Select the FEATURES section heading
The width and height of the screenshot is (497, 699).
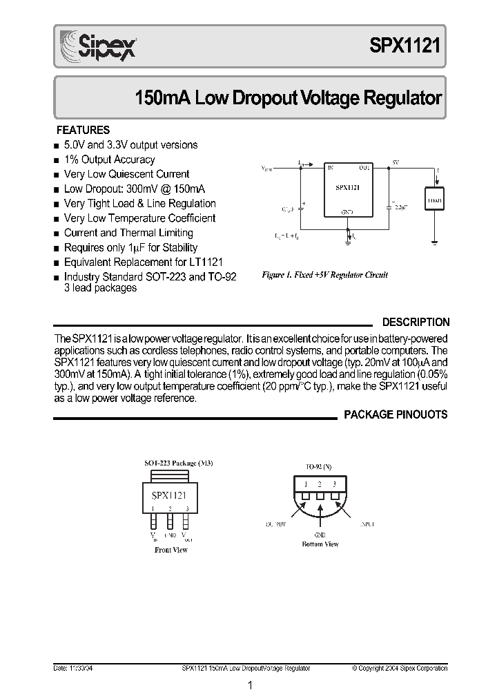click(83, 130)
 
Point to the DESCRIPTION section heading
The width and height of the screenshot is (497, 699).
click(416, 322)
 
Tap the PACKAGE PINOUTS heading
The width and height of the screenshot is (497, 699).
click(396, 414)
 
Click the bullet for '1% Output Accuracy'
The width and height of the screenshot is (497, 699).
click(56, 160)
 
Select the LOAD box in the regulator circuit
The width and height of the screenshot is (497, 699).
click(434, 200)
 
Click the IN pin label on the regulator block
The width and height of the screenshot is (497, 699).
click(330, 168)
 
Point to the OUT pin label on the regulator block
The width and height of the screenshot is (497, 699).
click(364, 168)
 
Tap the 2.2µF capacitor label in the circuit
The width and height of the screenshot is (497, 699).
click(400, 206)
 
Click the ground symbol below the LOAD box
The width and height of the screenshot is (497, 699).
click(434, 242)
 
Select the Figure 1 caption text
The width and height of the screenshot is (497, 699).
click(325, 275)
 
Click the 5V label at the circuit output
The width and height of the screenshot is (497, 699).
click(396, 161)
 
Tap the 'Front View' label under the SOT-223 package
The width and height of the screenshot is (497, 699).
click(171, 550)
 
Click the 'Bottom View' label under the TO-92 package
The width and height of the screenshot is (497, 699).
click(320, 544)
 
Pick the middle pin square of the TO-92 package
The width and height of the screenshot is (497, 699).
click(320, 495)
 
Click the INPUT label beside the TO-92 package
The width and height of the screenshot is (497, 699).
click(366, 525)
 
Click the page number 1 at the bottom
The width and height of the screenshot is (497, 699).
click(250, 685)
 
